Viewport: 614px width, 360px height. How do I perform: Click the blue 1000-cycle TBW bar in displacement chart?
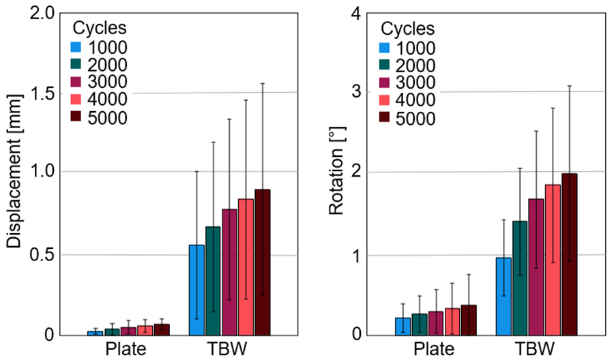[x=196, y=290]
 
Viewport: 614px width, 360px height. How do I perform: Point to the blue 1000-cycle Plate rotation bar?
[x=403, y=327]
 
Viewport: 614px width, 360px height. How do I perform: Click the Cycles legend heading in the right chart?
[x=407, y=29]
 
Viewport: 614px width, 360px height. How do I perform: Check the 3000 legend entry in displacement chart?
[x=109, y=82]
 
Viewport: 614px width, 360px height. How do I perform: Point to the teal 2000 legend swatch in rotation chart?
[x=385, y=65]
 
